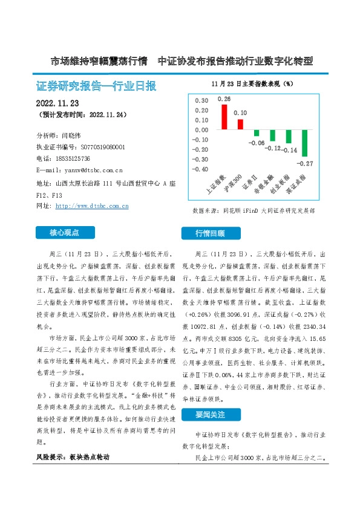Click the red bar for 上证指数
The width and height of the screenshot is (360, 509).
[224, 117]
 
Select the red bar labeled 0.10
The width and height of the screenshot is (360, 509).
[240, 125]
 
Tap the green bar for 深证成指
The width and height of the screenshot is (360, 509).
[305, 143]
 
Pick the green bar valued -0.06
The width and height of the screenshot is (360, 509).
[257, 133]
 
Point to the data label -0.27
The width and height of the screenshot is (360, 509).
[305, 163]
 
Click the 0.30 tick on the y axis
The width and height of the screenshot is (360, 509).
[200, 100]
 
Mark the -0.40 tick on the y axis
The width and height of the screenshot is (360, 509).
[200, 169]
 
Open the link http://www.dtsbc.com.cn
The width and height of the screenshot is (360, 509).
[92, 206]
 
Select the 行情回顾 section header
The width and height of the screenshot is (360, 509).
[209, 233]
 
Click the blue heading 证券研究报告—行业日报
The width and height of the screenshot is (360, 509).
[96, 86]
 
